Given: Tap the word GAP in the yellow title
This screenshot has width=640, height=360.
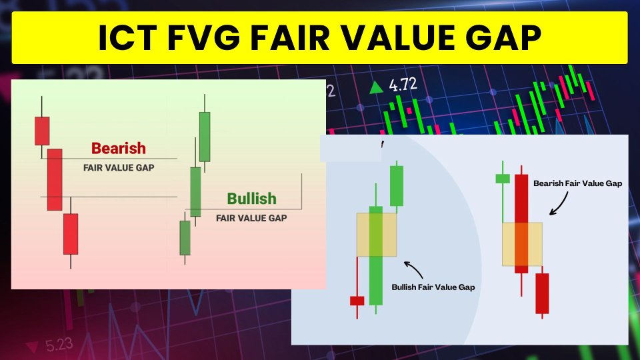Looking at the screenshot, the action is click(x=504, y=37).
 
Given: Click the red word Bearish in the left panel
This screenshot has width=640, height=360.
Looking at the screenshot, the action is click(x=119, y=148).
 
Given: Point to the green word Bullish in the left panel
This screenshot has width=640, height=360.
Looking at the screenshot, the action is click(x=251, y=199).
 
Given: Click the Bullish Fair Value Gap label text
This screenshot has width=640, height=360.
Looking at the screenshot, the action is click(x=433, y=287).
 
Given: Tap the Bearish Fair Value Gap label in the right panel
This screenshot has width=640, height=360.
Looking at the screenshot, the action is click(x=577, y=183).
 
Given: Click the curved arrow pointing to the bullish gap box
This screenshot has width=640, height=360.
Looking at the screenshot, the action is click(x=413, y=269).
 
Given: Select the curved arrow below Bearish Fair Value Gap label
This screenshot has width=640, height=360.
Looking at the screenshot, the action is click(x=559, y=204).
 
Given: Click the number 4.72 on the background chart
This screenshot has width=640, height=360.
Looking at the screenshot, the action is click(x=403, y=85).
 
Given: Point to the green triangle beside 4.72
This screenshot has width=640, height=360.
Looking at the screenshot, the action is click(x=376, y=87).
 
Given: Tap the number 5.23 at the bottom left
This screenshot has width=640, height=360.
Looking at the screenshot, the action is click(x=59, y=345).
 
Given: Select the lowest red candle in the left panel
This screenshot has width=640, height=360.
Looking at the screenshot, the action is click(x=71, y=234).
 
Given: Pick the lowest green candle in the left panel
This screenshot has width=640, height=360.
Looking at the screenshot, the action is click(x=185, y=239).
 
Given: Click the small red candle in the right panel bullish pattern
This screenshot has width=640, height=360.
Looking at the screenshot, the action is click(x=357, y=301).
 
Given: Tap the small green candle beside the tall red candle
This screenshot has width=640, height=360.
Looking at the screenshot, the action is click(x=503, y=179).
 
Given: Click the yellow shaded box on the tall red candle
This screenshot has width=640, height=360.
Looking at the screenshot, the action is click(x=522, y=244).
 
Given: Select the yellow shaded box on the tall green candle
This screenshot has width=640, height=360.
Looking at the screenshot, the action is click(x=376, y=235).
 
